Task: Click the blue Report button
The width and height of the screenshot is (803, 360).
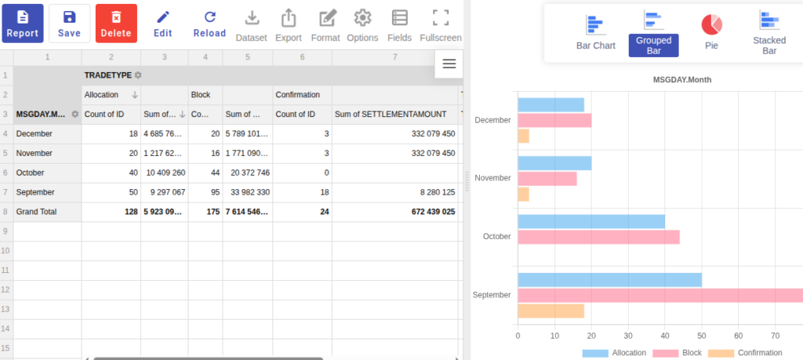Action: (x=23, y=23)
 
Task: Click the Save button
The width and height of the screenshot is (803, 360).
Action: (x=69, y=23)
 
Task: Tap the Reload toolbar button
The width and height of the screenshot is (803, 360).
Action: (x=209, y=24)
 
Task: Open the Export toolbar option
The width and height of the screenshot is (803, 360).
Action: (x=289, y=24)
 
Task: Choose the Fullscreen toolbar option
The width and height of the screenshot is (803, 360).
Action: (x=441, y=24)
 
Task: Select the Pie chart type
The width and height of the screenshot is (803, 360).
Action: (x=711, y=31)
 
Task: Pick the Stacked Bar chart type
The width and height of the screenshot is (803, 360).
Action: (x=769, y=32)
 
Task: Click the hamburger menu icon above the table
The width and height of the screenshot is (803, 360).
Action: (x=449, y=64)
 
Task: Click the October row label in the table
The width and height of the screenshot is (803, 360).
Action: (x=31, y=173)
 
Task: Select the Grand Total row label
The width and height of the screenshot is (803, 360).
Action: (x=36, y=212)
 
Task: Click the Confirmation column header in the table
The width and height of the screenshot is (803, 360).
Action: (x=297, y=95)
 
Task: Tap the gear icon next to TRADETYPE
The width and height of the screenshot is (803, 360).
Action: (x=138, y=75)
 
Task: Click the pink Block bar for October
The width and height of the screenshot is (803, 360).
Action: (x=598, y=237)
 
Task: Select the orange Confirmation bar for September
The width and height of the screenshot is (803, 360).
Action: (x=551, y=311)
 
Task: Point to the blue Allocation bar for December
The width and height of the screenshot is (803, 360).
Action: (x=551, y=104)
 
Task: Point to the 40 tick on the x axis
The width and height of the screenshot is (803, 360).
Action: (x=665, y=336)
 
